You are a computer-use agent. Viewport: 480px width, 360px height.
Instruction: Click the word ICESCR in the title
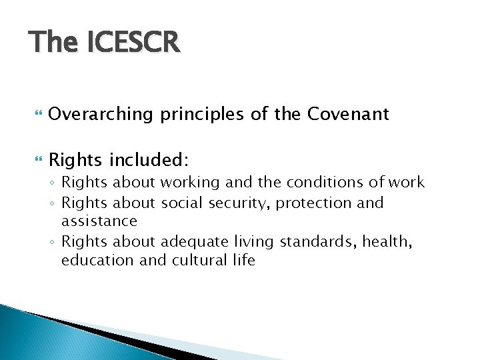point(133,43)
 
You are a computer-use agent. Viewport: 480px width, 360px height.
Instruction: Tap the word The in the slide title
point(53,43)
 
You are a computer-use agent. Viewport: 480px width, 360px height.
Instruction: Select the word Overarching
point(101,115)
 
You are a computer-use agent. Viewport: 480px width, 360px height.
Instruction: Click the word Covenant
point(348,115)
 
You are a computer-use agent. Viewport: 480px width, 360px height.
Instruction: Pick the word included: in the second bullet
point(149,160)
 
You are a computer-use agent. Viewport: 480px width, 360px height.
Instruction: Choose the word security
point(239,203)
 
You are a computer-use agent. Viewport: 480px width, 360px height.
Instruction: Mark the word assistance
point(99,221)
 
